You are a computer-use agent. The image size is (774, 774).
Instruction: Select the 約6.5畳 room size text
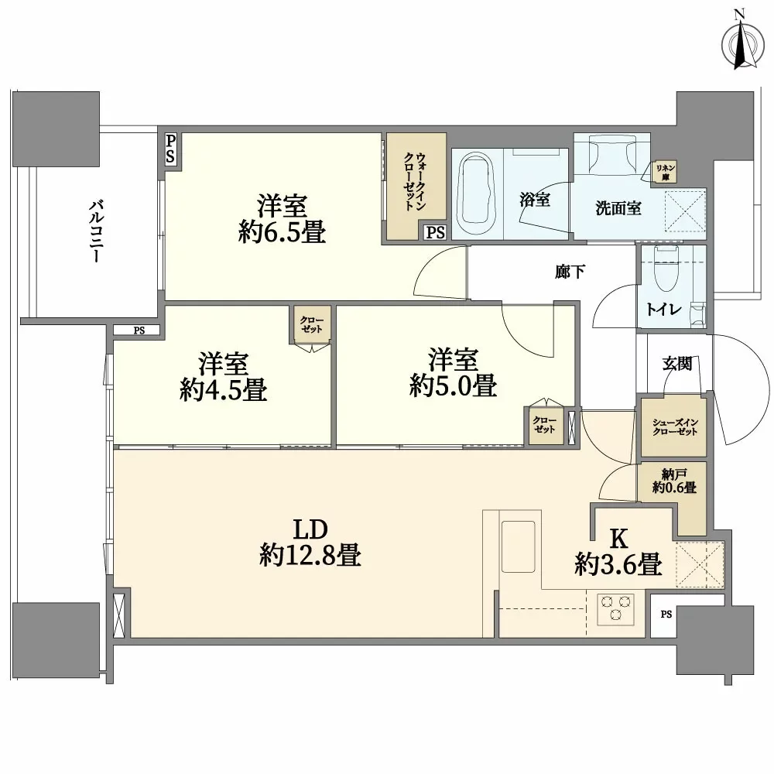pos(282,232)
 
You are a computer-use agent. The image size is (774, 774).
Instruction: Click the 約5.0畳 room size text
pos(453,385)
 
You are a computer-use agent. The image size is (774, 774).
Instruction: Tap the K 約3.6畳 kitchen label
pos(618,553)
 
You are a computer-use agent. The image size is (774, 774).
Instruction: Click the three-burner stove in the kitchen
pos(616,605)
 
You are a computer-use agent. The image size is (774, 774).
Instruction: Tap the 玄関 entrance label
pos(676,364)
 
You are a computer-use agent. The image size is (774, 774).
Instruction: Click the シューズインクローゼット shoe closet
pos(673,426)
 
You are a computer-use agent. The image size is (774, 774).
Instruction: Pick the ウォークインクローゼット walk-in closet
pos(416,186)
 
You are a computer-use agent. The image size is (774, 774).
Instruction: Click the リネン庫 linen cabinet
pos(665,171)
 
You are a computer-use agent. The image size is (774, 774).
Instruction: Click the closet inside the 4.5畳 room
pos(313,324)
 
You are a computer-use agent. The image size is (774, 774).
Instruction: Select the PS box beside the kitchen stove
pos(666,615)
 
